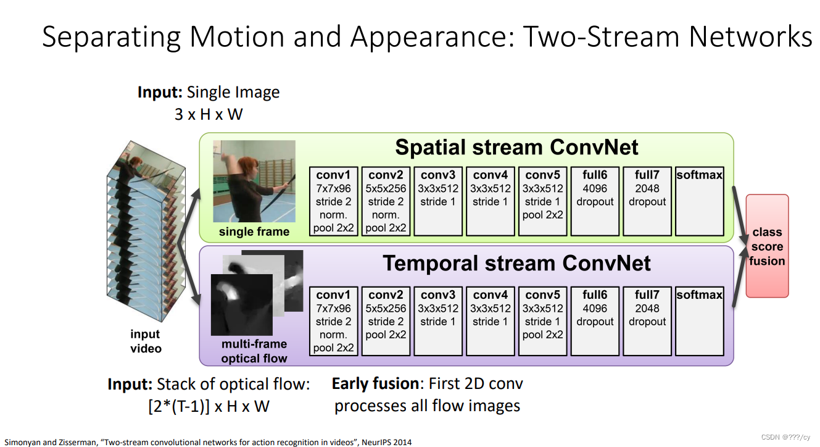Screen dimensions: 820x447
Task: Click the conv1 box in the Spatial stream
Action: click(x=333, y=201)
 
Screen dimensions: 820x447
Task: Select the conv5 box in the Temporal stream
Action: click(x=542, y=321)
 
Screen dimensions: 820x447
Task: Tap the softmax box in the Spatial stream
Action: click(x=700, y=201)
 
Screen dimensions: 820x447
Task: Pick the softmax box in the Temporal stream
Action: click(x=700, y=321)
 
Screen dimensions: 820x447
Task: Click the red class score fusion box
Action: click(x=768, y=246)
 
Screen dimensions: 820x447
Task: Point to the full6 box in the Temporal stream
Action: click(x=595, y=321)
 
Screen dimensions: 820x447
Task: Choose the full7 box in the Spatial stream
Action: click(x=647, y=201)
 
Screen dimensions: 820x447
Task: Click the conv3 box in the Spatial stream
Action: click(x=438, y=201)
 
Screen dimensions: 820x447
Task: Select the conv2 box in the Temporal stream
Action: click(x=386, y=321)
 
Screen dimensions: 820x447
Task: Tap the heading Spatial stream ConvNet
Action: click(x=516, y=148)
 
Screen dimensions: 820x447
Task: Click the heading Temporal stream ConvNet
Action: click(x=516, y=263)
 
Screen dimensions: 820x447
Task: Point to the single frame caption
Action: click(x=254, y=232)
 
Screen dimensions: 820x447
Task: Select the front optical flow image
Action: click(x=242, y=305)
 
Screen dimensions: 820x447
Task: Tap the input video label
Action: click(x=146, y=341)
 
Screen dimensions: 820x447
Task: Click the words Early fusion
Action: click(x=375, y=383)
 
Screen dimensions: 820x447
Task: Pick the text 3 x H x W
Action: click(x=209, y=114)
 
